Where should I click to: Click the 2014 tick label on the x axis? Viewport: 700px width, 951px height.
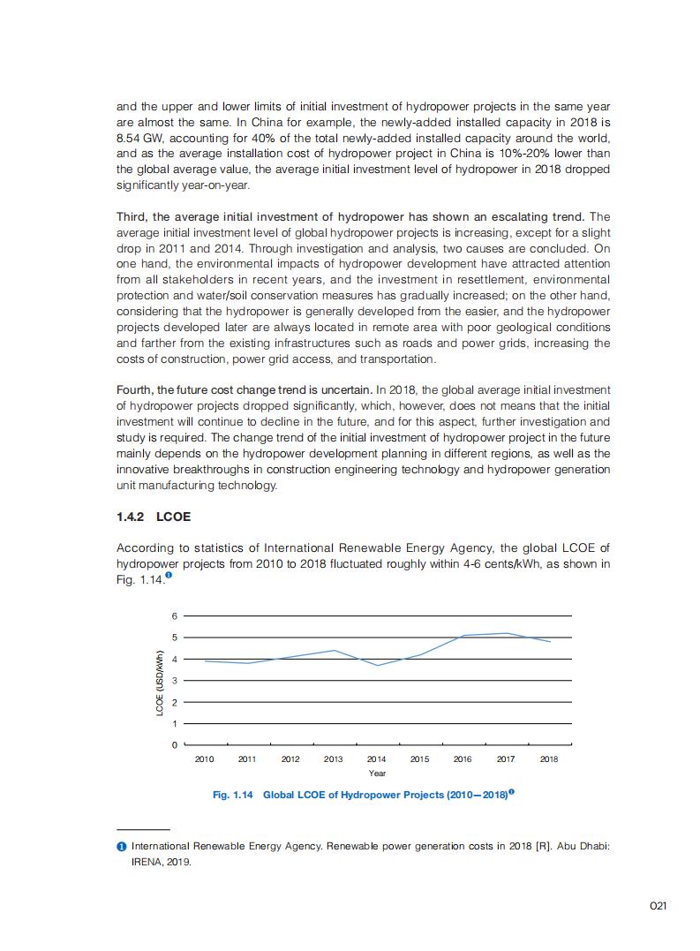point(376,759)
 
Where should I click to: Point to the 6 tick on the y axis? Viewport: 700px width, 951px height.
point(175,615)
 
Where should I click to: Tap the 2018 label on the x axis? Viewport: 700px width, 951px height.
point(548,759)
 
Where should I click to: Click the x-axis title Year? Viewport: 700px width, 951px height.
point(377,774)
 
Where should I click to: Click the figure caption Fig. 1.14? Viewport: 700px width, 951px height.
point(233,796)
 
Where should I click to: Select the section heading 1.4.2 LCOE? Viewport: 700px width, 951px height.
point(154,517)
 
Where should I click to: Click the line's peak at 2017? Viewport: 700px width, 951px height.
point(506,633)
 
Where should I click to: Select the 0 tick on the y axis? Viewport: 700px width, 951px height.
point(175,745)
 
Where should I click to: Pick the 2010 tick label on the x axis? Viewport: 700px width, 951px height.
point(204,759)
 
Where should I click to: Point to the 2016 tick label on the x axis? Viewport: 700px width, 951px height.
point(463,759)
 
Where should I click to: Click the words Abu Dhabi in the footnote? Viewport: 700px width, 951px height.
point(582,846)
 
